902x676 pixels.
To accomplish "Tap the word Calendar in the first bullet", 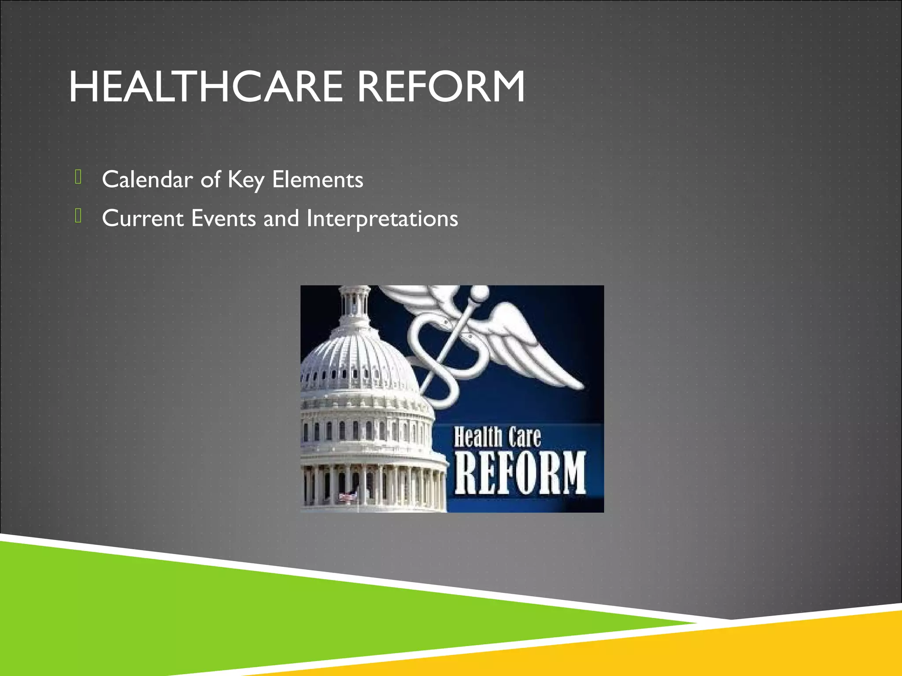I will click(x=147, y=180).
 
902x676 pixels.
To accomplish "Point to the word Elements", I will click(x=318, y=180).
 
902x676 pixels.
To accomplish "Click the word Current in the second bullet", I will click(x=143, y=218).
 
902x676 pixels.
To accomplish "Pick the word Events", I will click(x=223, y=218).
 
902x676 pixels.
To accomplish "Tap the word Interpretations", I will click(x=382, y=219).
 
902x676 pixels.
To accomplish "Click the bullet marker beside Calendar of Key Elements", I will click(x=78, y=177).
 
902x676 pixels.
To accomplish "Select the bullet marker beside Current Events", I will click(x=78, y=216).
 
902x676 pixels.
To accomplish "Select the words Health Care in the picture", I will click(x=497, y=437).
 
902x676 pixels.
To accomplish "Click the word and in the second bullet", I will click(x=281, y=218).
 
